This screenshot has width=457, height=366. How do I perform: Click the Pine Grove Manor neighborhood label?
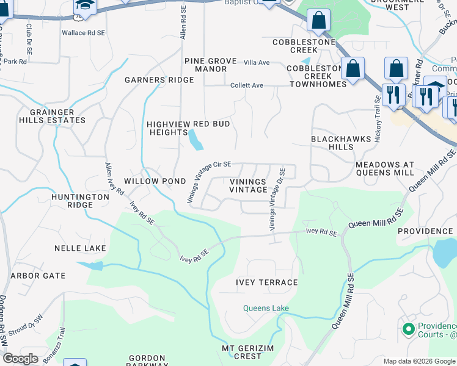tap(210, 65)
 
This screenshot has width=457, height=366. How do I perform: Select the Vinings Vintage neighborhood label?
tap(248, 185)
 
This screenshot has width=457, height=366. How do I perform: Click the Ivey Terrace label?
tap(267, 282)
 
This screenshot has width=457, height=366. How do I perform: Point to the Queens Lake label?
tap(266, 308)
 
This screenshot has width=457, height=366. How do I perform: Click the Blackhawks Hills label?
tap(341, 143)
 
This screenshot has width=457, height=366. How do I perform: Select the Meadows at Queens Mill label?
tap(385, 169)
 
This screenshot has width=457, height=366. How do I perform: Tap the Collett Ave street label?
tap(247, 85)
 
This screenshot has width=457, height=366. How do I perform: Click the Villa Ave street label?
tap(257, 63)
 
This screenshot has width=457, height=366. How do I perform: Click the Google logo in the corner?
tap(20, 359)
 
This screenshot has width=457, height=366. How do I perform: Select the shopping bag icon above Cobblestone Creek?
tap(318, 21)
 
